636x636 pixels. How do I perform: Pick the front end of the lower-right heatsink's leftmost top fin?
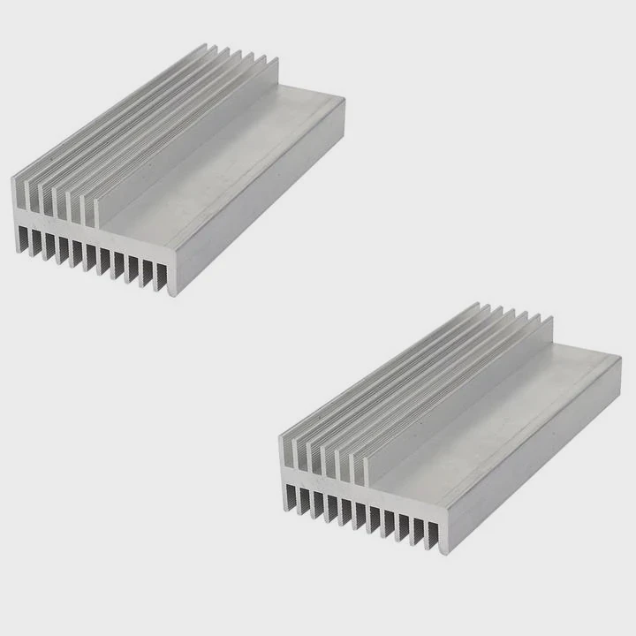(x=284, y=456)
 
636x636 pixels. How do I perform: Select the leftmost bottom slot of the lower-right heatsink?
(x=291, y=499)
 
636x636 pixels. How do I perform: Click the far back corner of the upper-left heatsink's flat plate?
(x=340, y=99)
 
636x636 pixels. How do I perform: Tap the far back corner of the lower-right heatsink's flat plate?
(x=617, y=359)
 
